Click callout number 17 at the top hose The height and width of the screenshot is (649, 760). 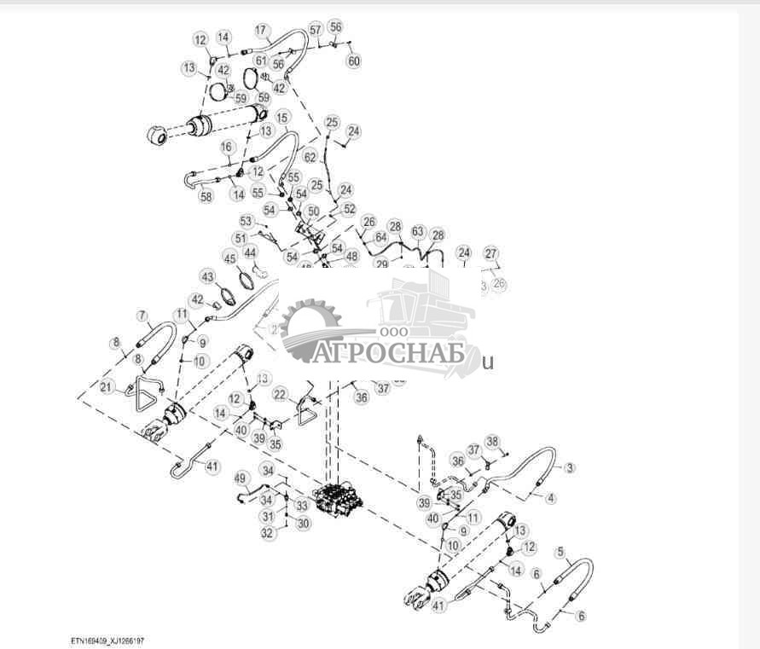[261, 29]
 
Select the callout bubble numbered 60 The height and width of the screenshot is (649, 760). [354, 61]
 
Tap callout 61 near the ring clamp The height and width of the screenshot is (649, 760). [260, 61]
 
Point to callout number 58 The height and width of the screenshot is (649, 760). [206, 196]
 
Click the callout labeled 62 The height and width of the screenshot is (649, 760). [310, 157]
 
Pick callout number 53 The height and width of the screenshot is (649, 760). [246, 221]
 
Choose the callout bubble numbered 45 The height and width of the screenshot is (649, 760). [229, 258]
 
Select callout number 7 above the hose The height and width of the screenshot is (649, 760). [142, 316]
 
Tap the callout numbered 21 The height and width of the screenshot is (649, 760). [105, 388]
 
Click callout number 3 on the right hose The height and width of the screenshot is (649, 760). [570, 467]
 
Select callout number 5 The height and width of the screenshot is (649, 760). [560, 552]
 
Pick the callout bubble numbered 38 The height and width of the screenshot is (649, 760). [491, 441]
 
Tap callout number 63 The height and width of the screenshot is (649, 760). [417, 232]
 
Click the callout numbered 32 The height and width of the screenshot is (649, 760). [267, 533]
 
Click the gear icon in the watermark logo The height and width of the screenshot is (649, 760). [309, 323]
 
